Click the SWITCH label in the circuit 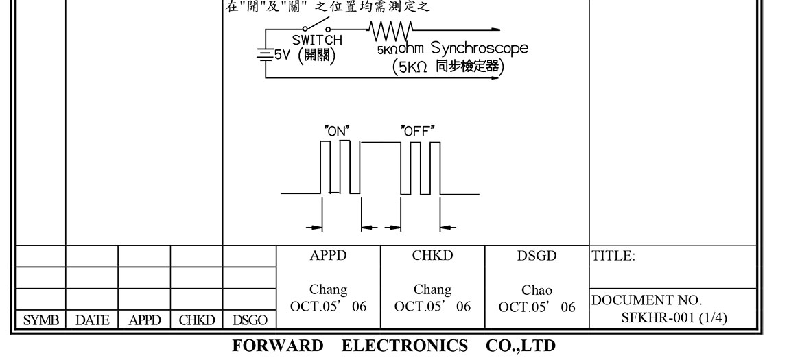pyautogui.click(x=317, y=40)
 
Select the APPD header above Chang pyautogui.click(x=328, y=256)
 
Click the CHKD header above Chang pyautogui.click(x=432, y=256)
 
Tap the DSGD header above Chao pyautogui.click(x=537, y=256)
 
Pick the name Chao pyautogui.click(x=537, y=291)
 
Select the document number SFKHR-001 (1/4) pyautogui.click(x=674, y=317)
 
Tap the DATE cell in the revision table pyautogui.click(x=92, y=320)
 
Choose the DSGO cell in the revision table pyautogui.click(x=250, y=320)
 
